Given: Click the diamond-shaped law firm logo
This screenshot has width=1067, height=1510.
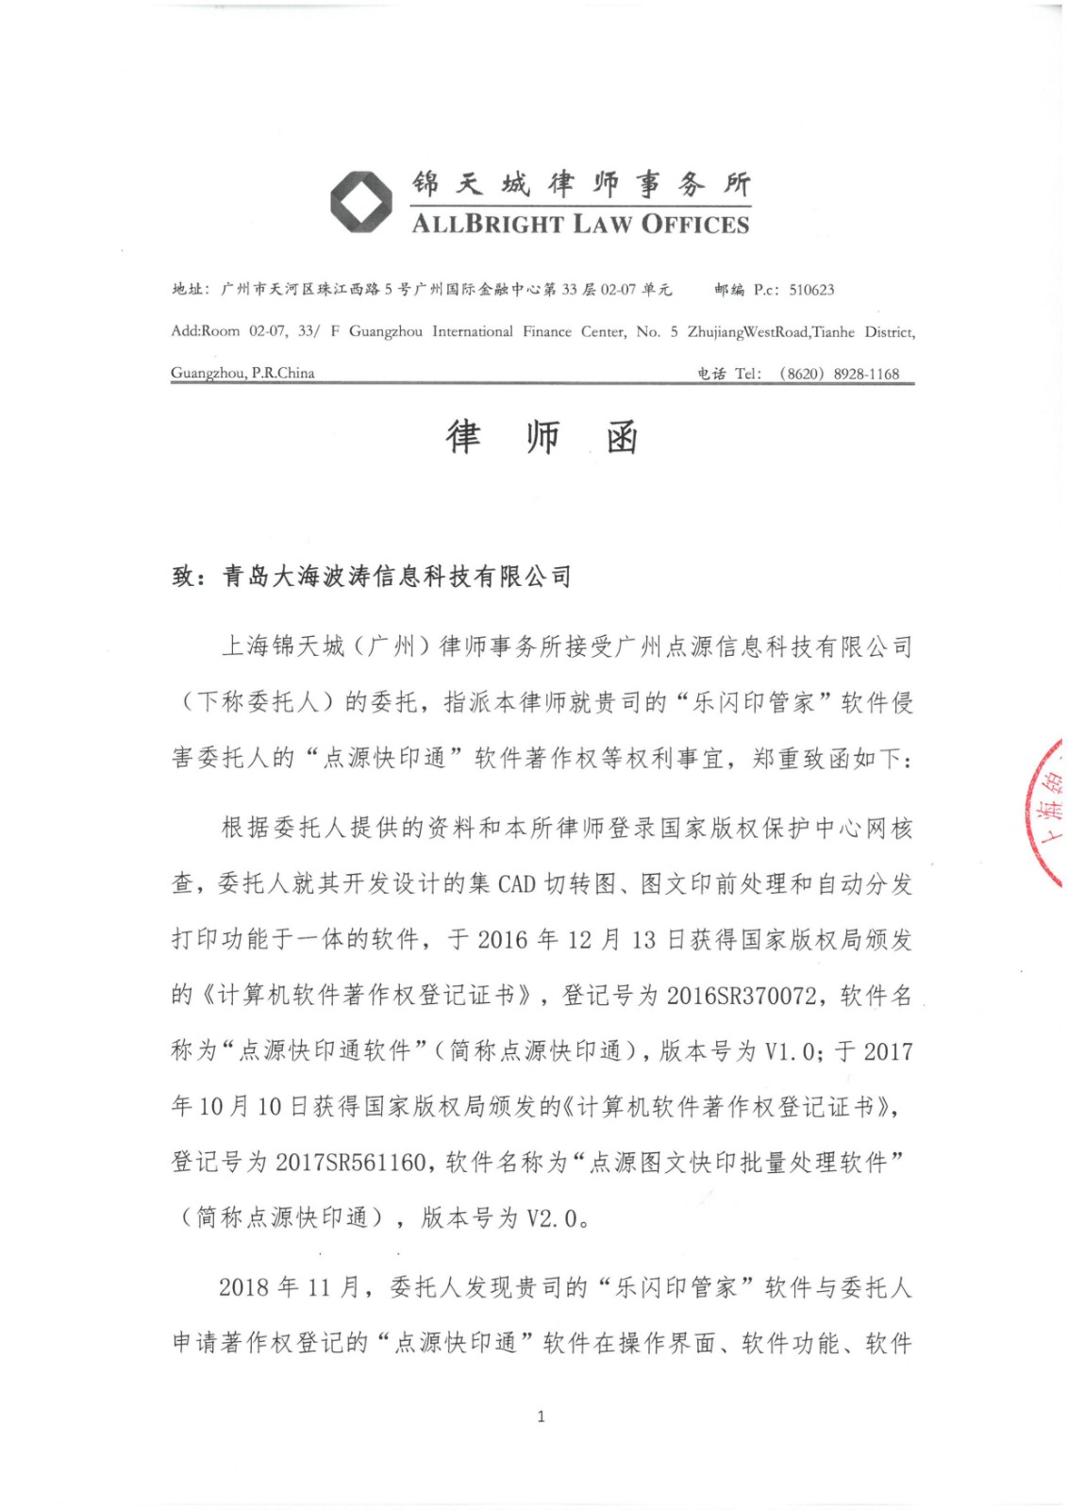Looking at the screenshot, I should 361,201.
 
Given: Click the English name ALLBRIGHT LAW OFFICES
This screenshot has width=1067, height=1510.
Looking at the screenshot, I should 580,225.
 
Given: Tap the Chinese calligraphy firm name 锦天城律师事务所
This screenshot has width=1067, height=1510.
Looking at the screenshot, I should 580,183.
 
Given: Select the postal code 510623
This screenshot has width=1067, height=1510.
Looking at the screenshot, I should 811,290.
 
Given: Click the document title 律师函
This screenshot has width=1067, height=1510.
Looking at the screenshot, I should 542,437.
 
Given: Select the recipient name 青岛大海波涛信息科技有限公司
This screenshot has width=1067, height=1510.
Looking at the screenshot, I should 396,576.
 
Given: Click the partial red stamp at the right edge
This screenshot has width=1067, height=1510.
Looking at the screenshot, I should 1048,813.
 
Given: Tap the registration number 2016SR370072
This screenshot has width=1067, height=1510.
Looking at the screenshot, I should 742,996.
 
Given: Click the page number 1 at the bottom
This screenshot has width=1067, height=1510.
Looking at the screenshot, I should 541,1416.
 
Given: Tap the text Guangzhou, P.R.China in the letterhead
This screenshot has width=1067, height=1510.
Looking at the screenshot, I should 242,373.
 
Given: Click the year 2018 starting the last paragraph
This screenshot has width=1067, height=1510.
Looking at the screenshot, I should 245,1287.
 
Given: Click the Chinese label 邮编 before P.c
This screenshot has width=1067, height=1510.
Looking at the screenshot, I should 729,290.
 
